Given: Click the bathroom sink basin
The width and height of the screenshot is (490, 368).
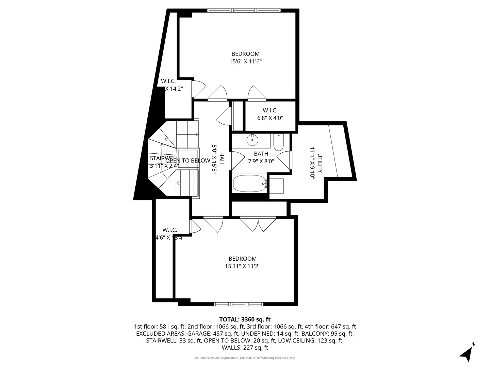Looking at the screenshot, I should pos(252,140).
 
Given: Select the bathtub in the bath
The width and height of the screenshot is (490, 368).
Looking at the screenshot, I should pos(249,184).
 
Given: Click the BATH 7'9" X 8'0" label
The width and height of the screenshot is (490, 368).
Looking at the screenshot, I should pos(261,157).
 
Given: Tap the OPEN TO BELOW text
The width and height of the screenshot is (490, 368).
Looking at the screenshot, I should pos(188,160).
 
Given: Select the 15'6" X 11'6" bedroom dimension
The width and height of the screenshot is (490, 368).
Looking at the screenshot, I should pos(245,62).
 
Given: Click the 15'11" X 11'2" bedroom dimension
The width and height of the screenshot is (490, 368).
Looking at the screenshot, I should pos(243,266).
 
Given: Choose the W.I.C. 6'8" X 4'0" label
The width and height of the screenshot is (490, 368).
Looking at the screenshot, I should pos(270,114).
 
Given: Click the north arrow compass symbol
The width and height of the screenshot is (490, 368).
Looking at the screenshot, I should pos(467,353).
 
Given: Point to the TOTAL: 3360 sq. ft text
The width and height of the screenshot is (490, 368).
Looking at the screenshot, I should pos(245,320).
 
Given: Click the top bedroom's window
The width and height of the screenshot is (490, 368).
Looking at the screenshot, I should pos(244,11).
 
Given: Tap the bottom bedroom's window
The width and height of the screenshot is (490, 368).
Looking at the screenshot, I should pos(239,304).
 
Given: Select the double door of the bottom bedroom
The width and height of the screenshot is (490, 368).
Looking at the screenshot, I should pos(258,223).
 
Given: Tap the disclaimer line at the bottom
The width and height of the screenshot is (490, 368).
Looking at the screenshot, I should pos(245,358).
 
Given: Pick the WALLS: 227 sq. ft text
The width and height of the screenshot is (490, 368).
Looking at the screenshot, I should pos(245,348).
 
